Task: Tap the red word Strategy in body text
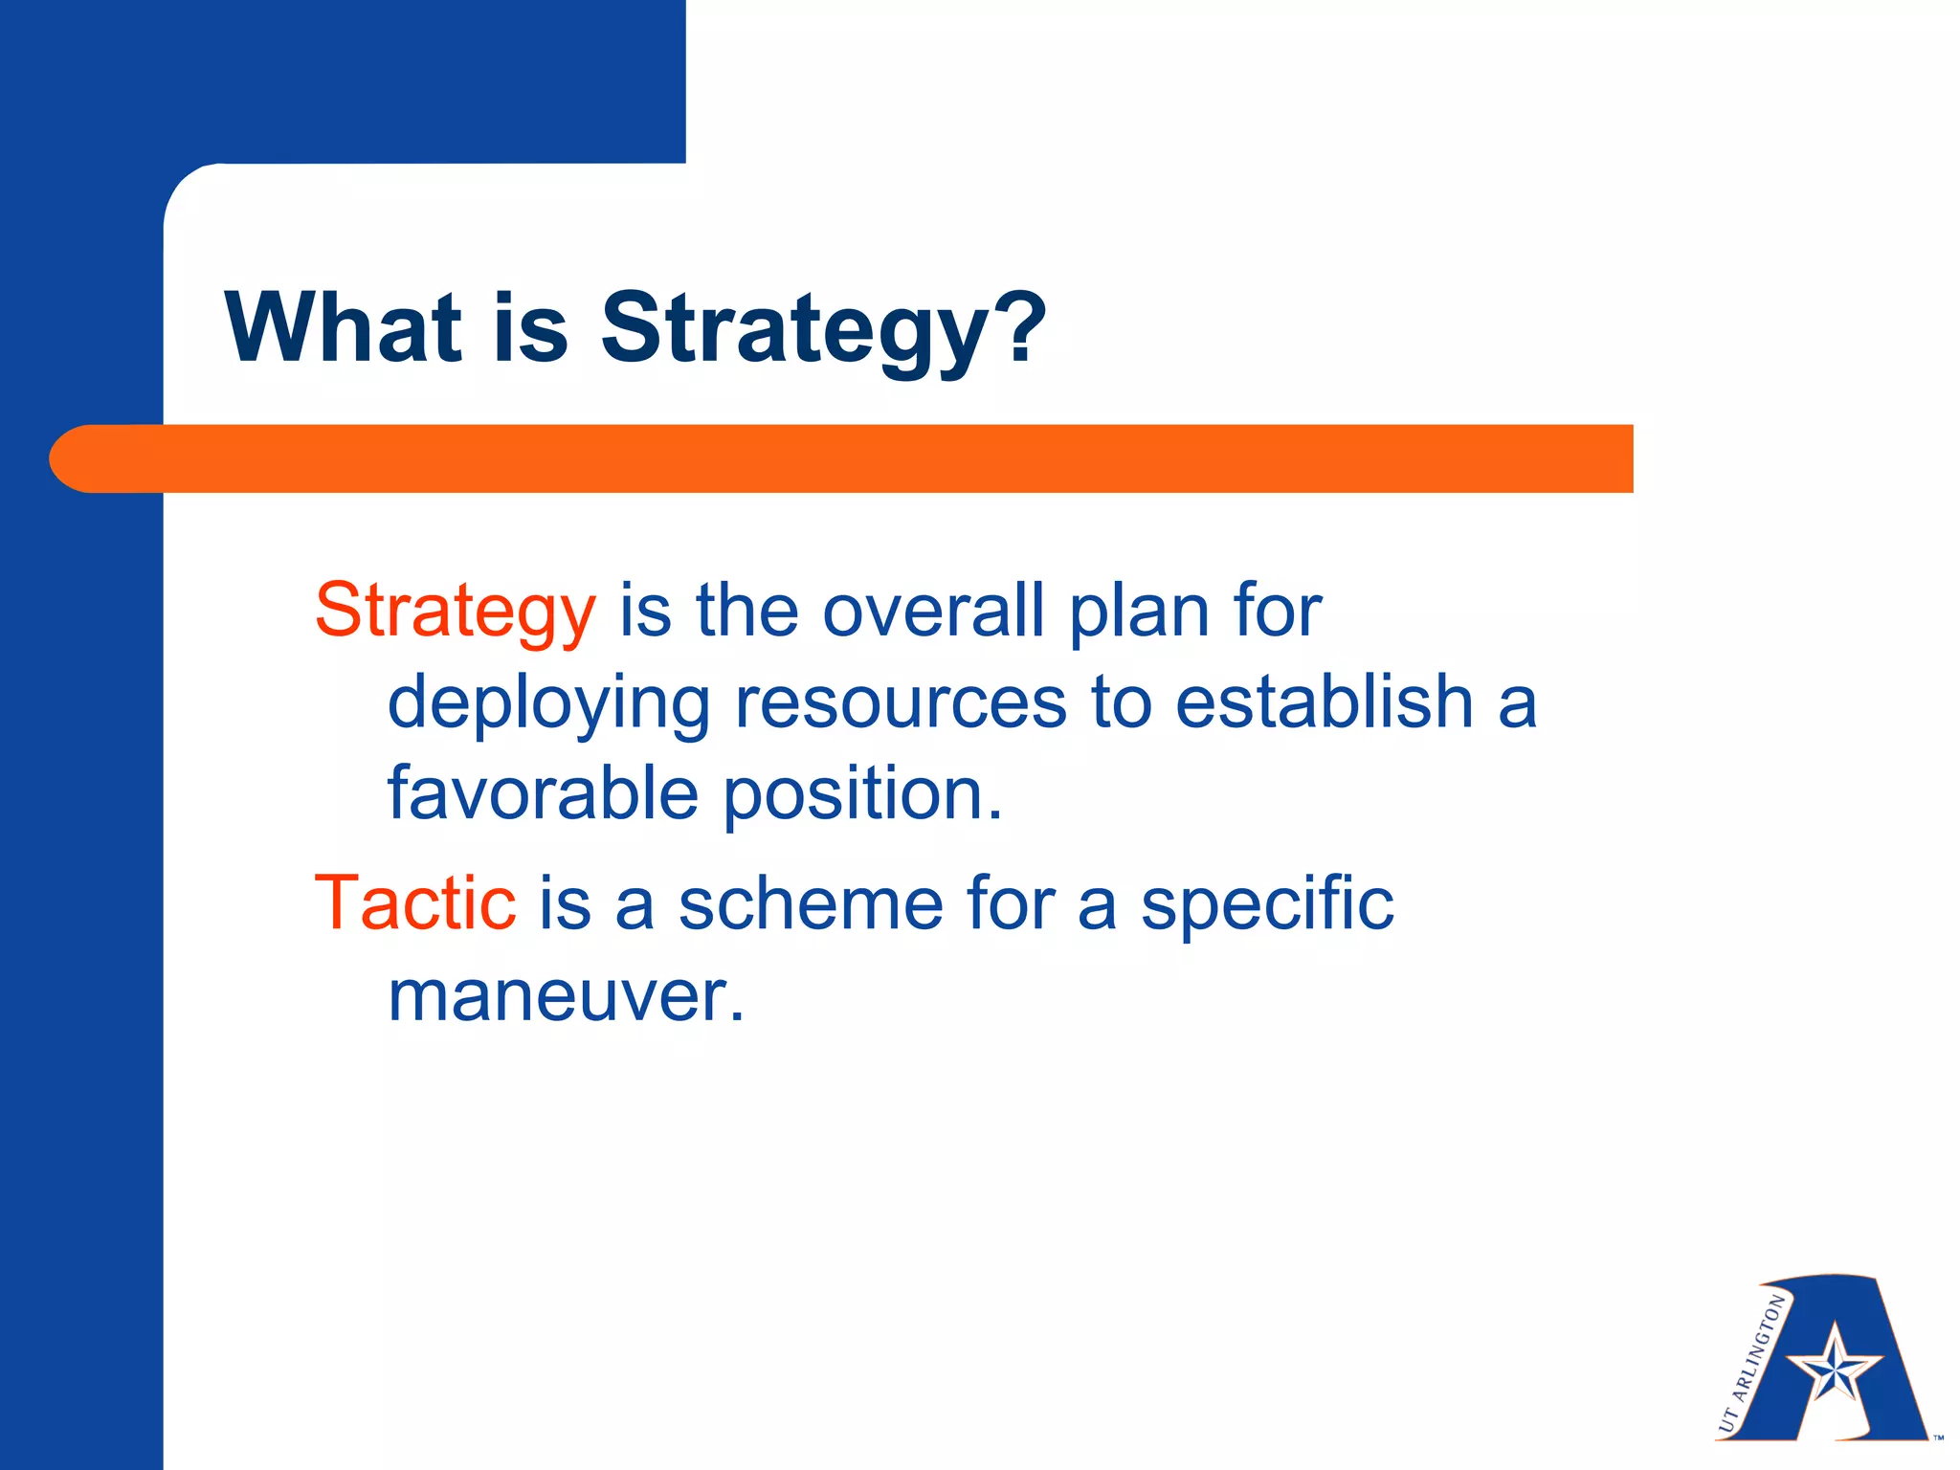coord(456,611)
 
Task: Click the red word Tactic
coord(415,902)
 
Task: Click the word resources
coord(900,703)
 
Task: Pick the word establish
coord(1323,702)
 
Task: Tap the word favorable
coord(543,793)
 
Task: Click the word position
coord(861,795)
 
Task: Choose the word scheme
coord(811,902)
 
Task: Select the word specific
coord(1267,904)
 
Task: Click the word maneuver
coord(565,997)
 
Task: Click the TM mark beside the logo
coord(1938,1437)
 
